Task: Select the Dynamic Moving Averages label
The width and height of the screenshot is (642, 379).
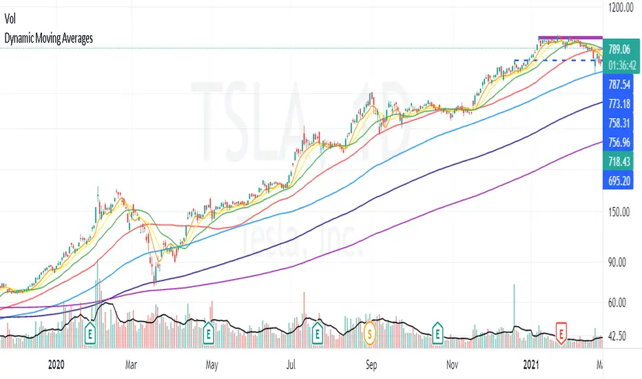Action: [48, 39]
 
